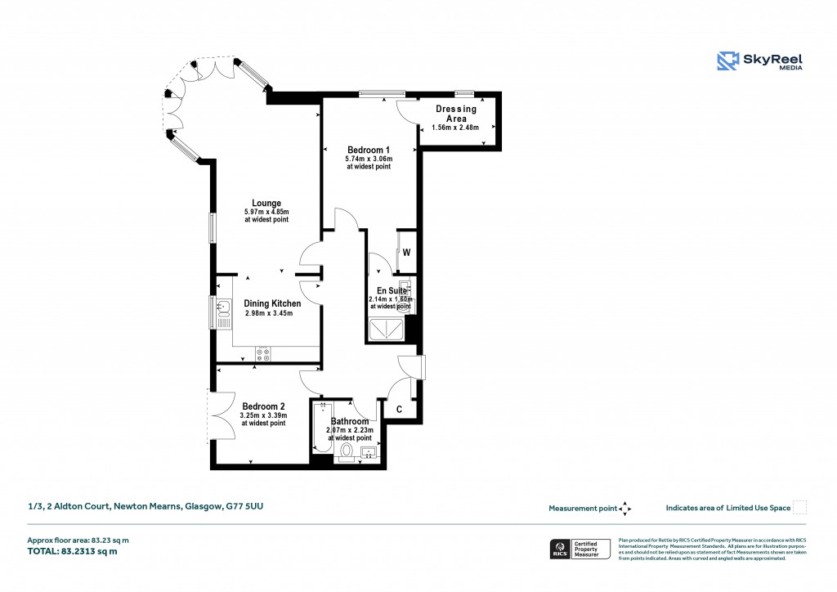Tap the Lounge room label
[266, 204]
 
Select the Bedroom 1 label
[369, 150]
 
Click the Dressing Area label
[455, 114]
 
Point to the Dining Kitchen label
[272, 303]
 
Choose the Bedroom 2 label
[263, 406]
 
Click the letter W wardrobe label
[406, 253]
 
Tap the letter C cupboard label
[399, 409]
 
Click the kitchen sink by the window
[223, 312]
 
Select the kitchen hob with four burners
[263, 353]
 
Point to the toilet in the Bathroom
[346, 451]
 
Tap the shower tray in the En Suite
[386, 329]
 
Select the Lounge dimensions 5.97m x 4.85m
[266, 213]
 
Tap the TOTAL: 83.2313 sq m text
[73, 551]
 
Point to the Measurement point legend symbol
[625, 508]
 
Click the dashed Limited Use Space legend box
[800, 508]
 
